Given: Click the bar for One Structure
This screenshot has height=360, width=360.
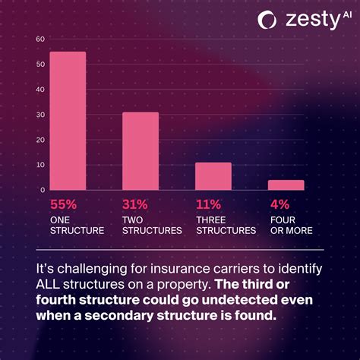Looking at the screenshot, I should tap(68, 121).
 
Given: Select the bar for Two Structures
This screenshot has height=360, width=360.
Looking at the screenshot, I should tap(141, 151).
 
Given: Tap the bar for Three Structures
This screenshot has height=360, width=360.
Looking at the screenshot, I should tap(213, 176).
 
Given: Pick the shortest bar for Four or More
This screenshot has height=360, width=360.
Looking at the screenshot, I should tap(286, 185).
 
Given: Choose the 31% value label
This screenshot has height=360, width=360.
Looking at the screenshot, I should tap(135, 204).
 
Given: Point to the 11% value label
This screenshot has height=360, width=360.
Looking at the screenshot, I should tap(207, 204).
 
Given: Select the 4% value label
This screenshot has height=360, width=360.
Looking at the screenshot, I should tap(278, 204).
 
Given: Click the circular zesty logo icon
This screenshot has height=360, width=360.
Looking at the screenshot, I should tap(267, 20).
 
